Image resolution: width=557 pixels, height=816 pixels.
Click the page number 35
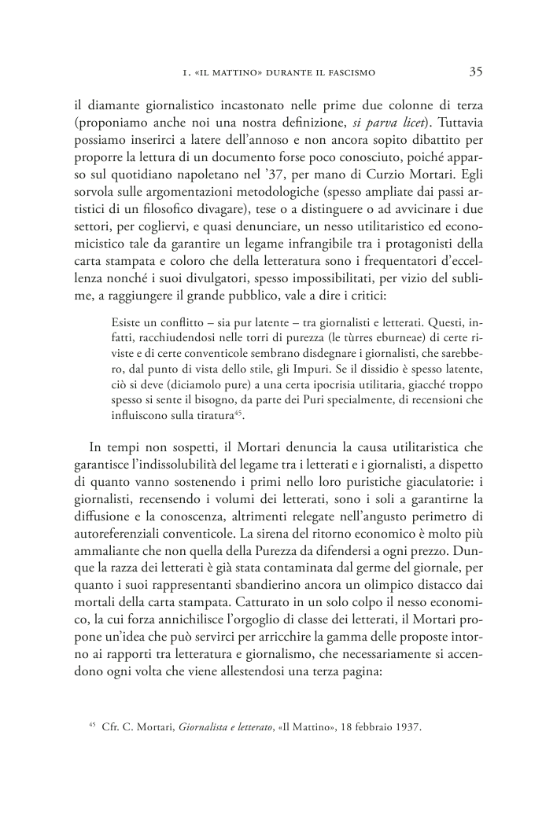pos(475,72)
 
